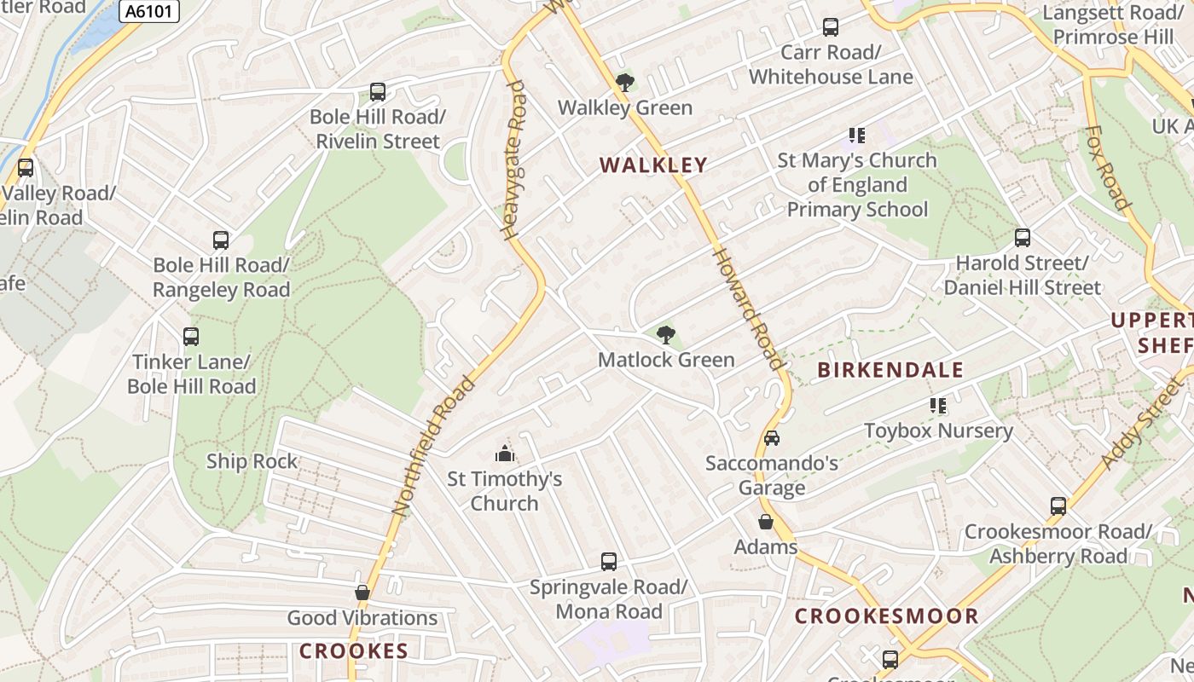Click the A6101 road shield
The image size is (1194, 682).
pyautogui.click(x=150, y=11)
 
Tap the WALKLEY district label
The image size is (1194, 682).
pyautogui.click(x=653, y=165)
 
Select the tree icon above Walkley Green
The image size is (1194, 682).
pyautogui.click(x=625, y=83)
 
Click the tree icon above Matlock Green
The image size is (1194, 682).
pyautogui.click(x=666, y=335)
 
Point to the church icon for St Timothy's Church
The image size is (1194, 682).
pyautogui.click(x=505, y=453)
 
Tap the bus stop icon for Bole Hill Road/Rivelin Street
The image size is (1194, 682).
pyautogui.click(x=377, y=92)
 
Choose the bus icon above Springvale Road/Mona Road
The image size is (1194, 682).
pyautogui.click(x=609, y=562)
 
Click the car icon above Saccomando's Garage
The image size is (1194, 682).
pyautogui.click(x=771, y=438)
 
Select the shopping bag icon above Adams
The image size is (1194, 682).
pyautogui.click(x=766, y=522)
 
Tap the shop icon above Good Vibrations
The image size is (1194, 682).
pyautogui.click(x=362, y=592)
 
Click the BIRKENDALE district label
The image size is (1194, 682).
pyautogui.click(x=890, y=370)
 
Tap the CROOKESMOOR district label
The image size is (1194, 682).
pyautogui.click(x=887, y=616)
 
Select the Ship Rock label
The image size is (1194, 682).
pyautogui.click(x=252, y=461)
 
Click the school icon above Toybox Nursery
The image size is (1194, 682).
pyautogui.click(x=939, y=406)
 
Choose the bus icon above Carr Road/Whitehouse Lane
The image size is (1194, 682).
pyautogui.click(x=831, y=27)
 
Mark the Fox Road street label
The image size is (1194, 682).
pyautogui.click(x=1107, y=168)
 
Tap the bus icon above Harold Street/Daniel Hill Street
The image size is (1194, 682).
pyautogui.click(x=1022, y=238)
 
